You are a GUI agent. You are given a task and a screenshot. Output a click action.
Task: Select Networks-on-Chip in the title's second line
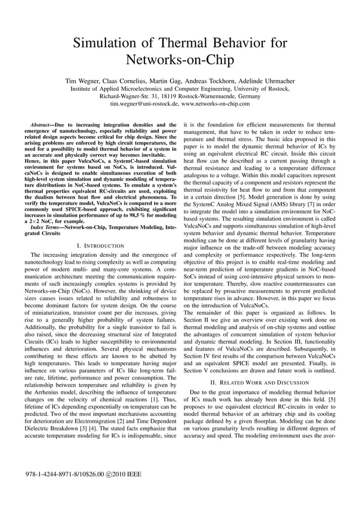coord(179,60)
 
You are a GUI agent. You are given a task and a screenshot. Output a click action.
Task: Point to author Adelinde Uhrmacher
coord(261,80)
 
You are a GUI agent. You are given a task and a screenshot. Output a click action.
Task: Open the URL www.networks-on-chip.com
coord(216,104)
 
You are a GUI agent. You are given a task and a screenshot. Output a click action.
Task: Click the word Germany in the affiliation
coord(246,96)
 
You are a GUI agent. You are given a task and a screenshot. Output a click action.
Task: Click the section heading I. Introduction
coord(100,246)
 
